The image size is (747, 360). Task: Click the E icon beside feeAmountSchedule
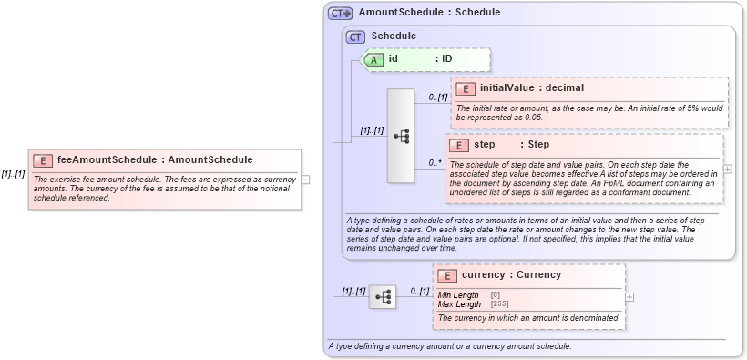42,160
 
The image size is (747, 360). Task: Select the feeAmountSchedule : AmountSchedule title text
155,159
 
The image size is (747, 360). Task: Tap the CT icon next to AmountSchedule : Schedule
341,14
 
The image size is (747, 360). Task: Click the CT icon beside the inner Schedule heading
355,36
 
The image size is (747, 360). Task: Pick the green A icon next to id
373,59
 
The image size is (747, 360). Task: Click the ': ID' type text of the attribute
444,59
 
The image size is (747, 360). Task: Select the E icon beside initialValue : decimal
465,88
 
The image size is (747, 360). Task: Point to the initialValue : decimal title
531,88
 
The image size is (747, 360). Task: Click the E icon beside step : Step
458,145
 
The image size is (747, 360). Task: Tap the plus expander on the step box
727,170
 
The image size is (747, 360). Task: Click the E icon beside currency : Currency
447,275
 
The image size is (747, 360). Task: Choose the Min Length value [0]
496,294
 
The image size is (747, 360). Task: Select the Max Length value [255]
499,303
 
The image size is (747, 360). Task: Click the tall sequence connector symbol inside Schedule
401,136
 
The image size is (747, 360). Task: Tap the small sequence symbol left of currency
383,296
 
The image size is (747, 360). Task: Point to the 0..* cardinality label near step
435,163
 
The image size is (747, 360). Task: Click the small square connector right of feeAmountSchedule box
306,180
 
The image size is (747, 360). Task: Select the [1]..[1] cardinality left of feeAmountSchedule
13,174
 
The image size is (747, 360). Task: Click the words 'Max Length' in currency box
459,303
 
